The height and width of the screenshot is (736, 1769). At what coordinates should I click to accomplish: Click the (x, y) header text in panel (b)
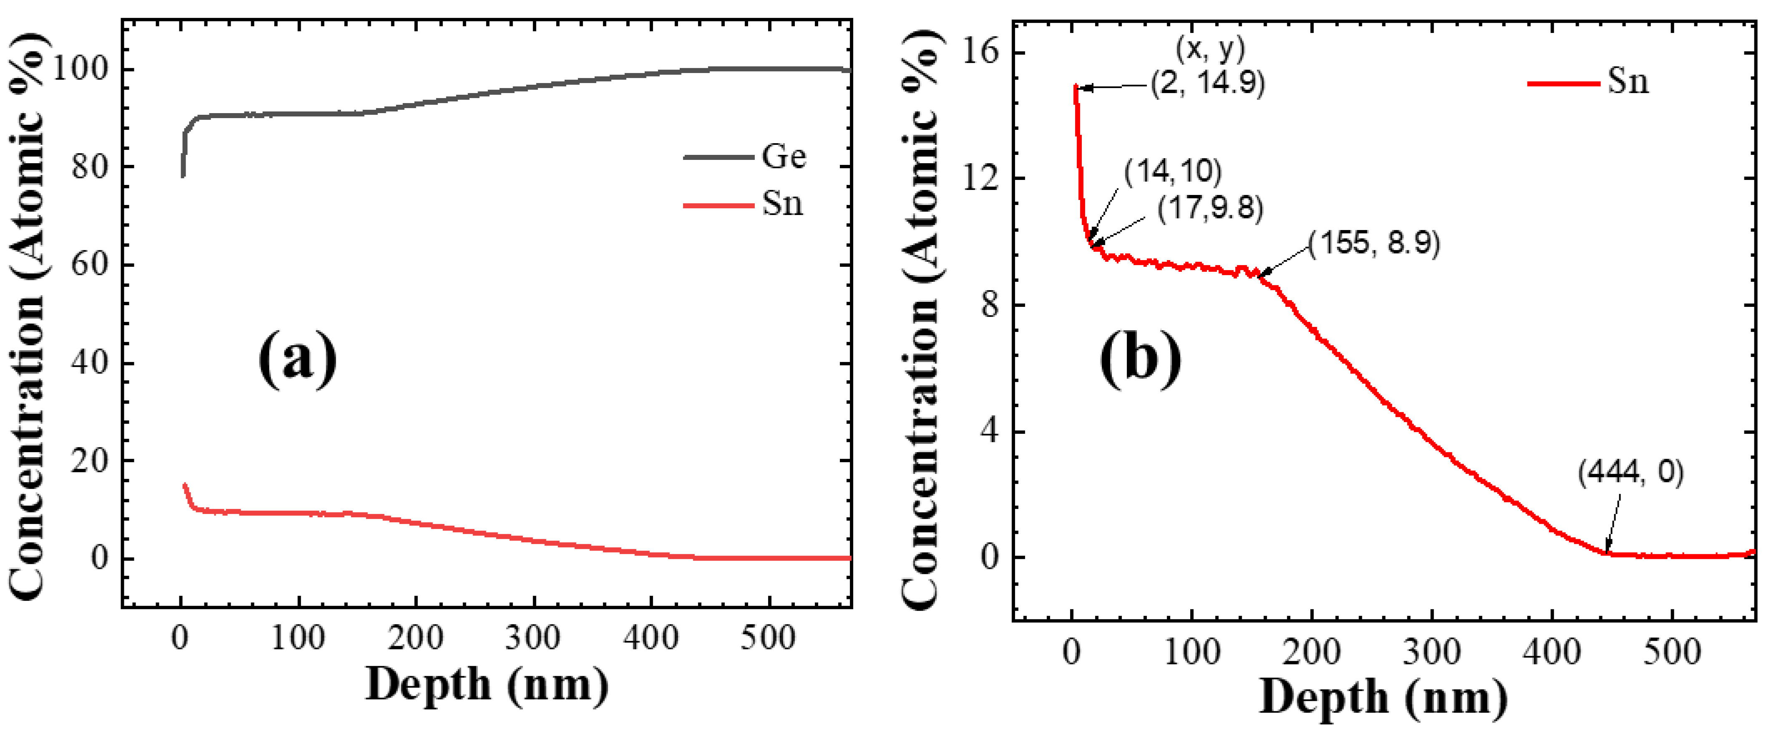(x=1210, y=48)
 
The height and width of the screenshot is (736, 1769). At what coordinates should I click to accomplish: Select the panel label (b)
(x=1140, y=357)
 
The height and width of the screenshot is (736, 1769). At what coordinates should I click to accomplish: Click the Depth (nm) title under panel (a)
(x=487, y=685)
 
